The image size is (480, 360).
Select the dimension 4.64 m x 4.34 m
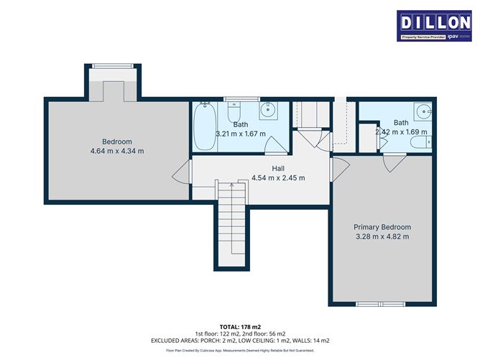point(118,151)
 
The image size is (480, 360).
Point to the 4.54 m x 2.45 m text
point(278,177)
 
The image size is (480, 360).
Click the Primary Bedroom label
point(382,226)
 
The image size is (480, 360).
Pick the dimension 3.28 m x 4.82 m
point(382,236)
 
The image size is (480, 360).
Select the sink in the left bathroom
point(269,111)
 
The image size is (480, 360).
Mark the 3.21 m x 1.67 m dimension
point(241,134)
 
